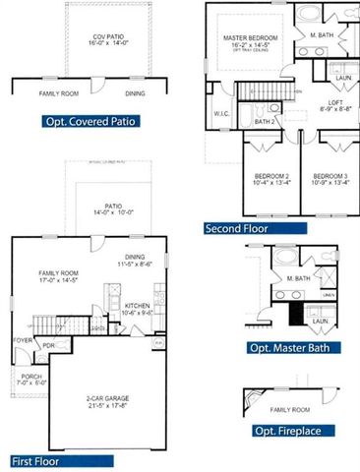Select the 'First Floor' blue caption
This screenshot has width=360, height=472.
(x=35, y=460)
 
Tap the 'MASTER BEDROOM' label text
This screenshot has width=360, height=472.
(x=251, y=36)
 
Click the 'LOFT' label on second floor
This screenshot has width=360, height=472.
(x=336, y=102)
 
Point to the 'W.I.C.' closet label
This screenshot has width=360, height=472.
(x=221, y=113)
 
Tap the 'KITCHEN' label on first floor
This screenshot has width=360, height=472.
(x=137, y=306)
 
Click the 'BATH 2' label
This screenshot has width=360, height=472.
(x=264, y=122)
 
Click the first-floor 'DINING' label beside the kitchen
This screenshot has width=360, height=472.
(x=135, y=258)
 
